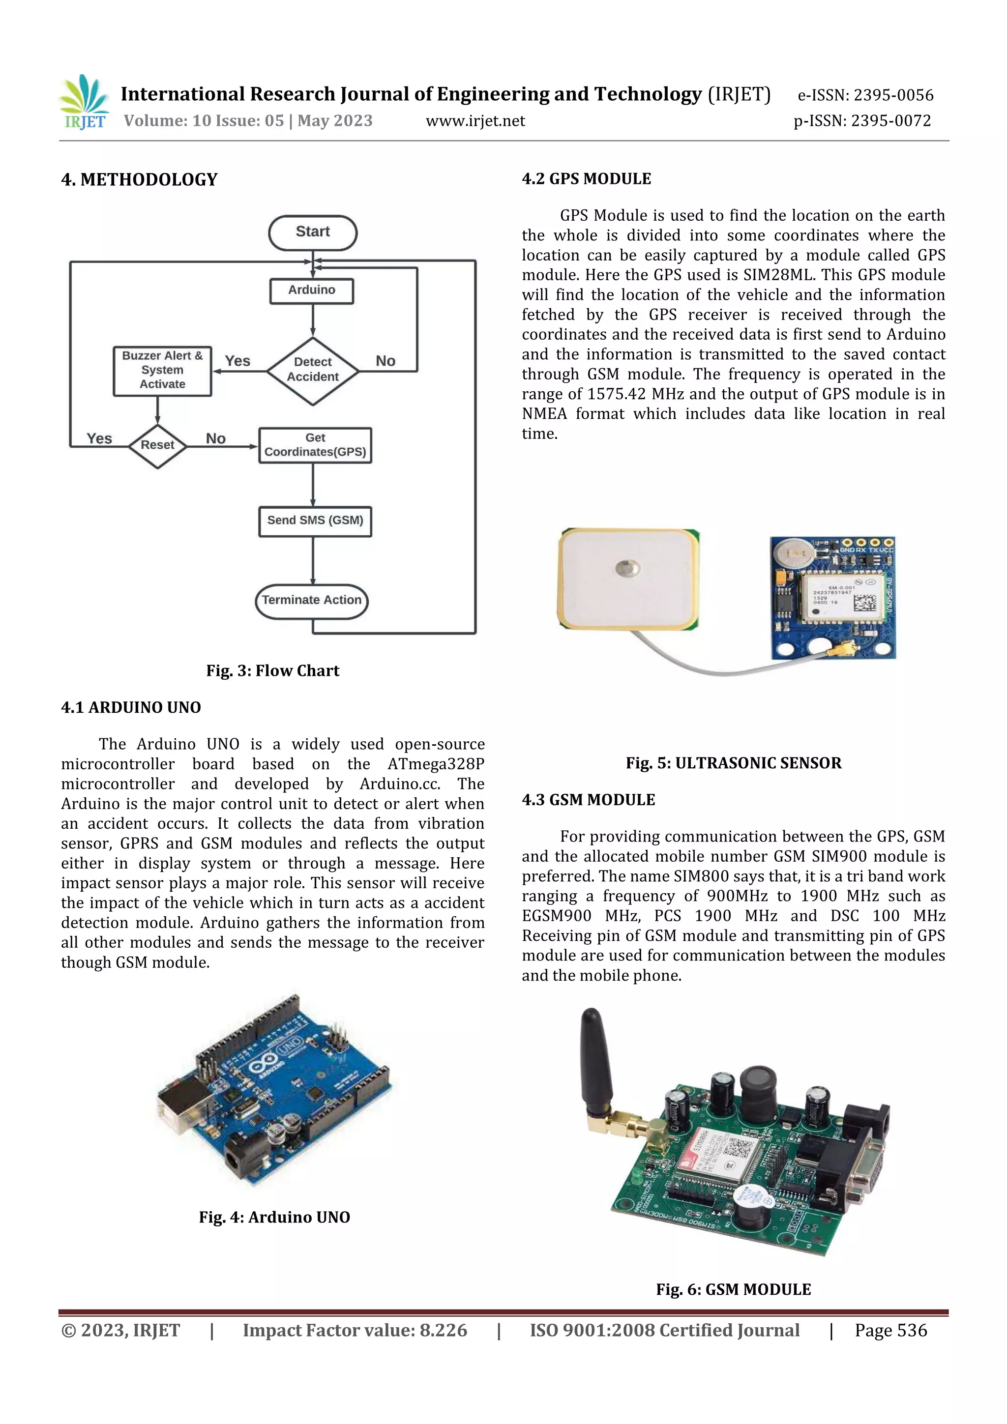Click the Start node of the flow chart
(x=312, y=232)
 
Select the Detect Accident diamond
(x=312, y=370)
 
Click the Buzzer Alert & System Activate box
(x=162, y=371)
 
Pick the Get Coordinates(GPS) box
(x=315, y=445)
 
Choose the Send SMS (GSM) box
(x=315, y=521)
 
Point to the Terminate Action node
(x=311, y=600)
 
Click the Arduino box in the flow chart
(x=311, y=291)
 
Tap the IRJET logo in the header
(x=85, y=103)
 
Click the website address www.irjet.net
(x=475, y=121)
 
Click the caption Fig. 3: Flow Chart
(x=272, y=671)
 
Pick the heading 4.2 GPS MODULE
(x=586, y=179)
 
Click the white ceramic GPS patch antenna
(x=628, y=579)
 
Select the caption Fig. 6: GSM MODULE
(x=734, y=1290)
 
